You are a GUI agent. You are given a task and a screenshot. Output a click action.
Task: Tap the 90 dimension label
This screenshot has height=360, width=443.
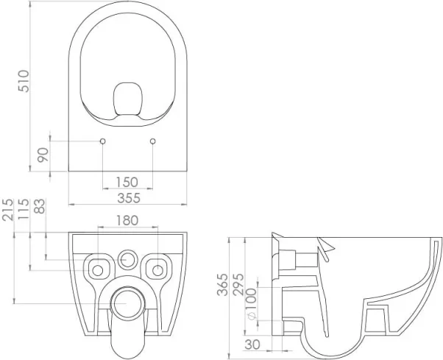pyautogui.click(x=43, y=155)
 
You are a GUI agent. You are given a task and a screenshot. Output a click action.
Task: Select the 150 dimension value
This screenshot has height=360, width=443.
pyautogui.click(x=127, y=181)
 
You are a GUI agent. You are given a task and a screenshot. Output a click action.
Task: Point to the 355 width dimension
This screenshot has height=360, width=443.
pyautogui.click(x=127, y=197)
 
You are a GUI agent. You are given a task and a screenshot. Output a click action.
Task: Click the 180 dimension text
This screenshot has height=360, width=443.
pyautogui.click(x=128, y=220)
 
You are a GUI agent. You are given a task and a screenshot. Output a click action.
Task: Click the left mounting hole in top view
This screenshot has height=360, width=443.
pyautogui.click(x=102, y=141)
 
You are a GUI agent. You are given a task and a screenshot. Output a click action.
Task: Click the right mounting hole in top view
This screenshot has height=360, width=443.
pyautogui.click(x=152, y=141)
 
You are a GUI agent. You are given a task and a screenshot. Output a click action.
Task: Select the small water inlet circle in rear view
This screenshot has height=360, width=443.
pyautogui.click(x=128, y=259)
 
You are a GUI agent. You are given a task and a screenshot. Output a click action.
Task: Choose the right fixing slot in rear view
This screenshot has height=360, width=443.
pyautogui.click(x=157, y=265)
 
